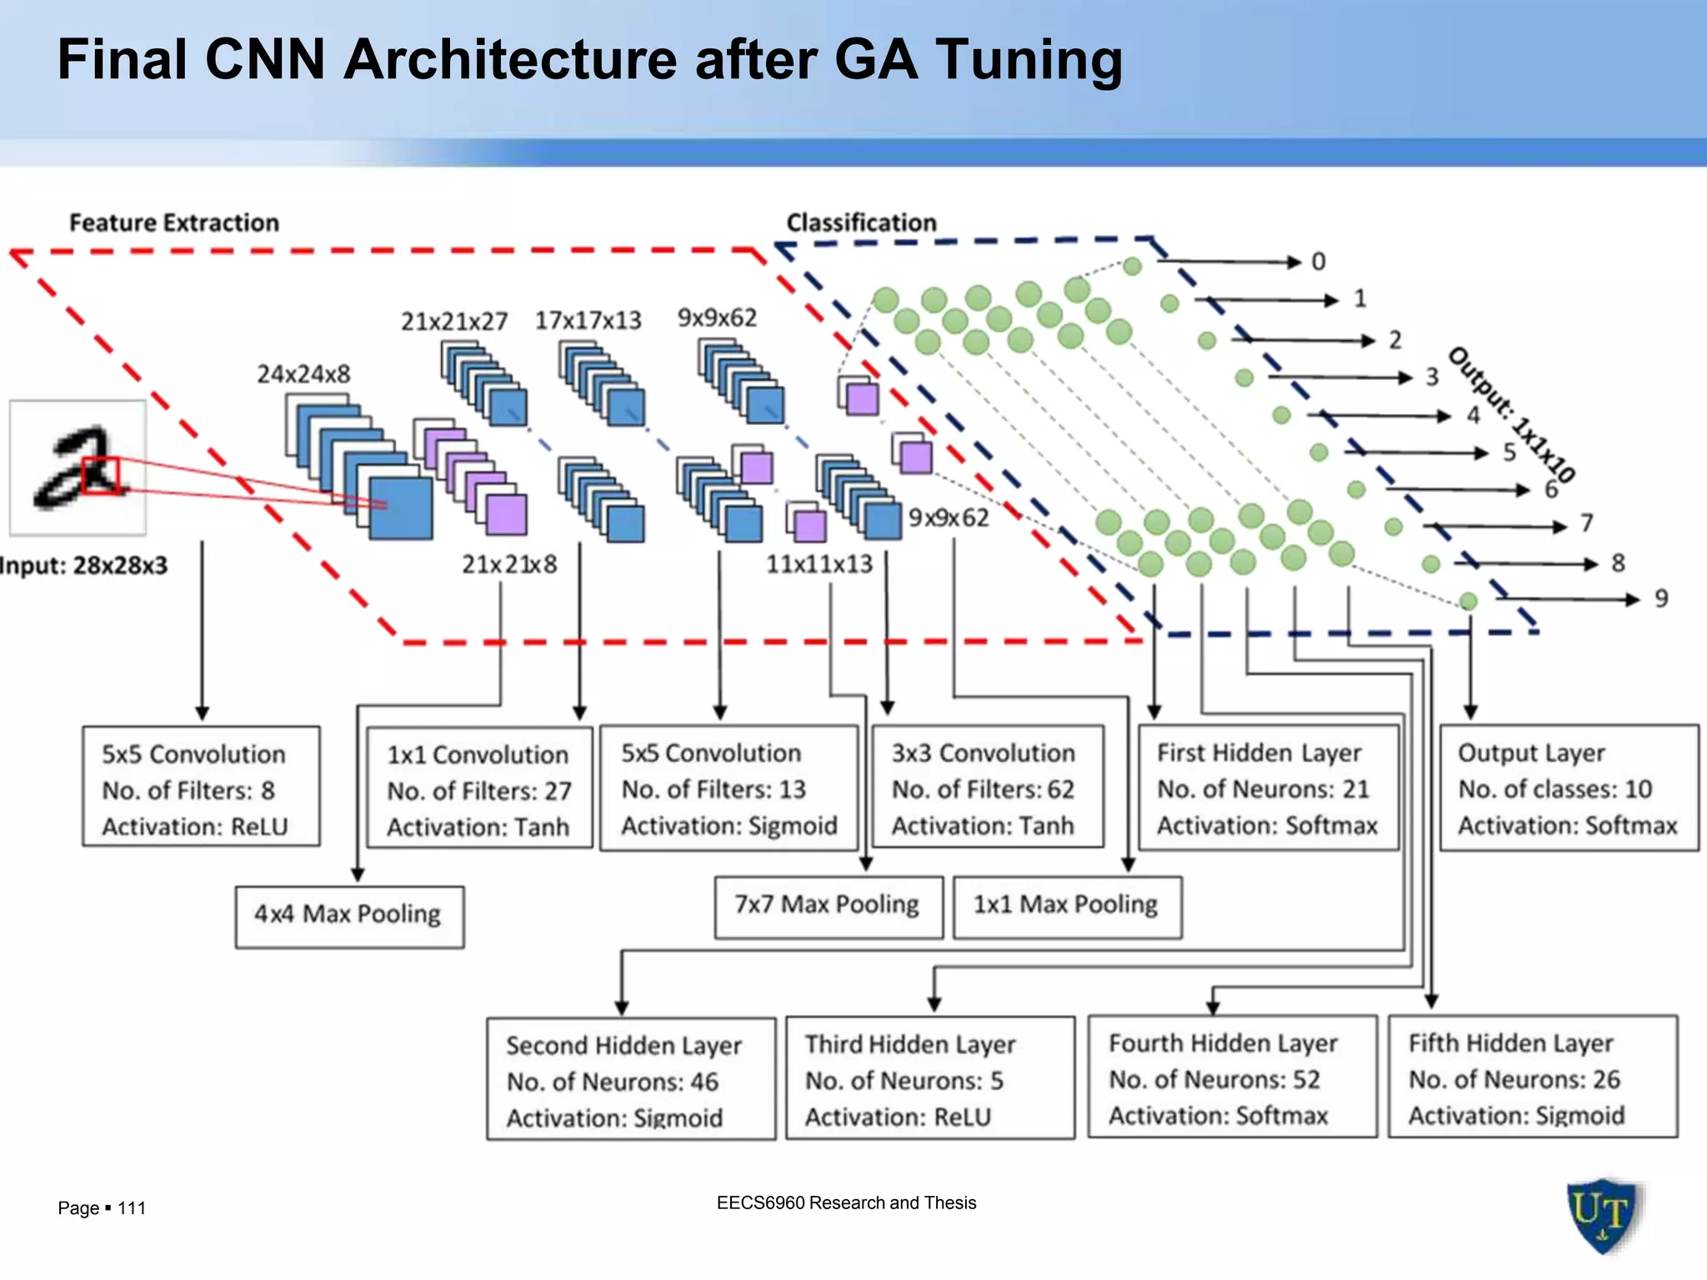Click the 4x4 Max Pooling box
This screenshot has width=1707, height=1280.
coord(349,916)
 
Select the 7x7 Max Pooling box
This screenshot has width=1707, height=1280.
coord(828,906)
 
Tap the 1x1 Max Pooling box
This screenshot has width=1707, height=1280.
coord(1066,906)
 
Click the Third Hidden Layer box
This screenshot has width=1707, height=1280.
coord(929,1077)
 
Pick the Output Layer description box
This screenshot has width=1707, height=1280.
coord(1568,787)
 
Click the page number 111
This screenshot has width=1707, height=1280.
coord(132,1208)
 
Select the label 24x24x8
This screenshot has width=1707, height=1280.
coord(303,374)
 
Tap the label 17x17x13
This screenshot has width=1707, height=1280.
coord(588,321)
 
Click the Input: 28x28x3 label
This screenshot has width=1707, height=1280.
coord(83,566)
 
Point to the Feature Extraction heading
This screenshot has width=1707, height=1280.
coord(173,223)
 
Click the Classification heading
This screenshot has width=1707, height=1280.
coord(861,223)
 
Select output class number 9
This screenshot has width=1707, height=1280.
coord(1661,598)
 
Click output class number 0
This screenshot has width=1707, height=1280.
coord(1318,262)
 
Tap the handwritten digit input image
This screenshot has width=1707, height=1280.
coord(78,467)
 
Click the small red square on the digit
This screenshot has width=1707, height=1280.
coord(101,475)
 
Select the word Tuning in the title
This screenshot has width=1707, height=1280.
coord(1029,60)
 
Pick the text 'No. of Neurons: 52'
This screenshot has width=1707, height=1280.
coord(1214,1080)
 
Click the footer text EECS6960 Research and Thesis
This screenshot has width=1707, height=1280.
coord(846,1202)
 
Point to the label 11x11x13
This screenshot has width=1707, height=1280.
coord(819,565)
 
